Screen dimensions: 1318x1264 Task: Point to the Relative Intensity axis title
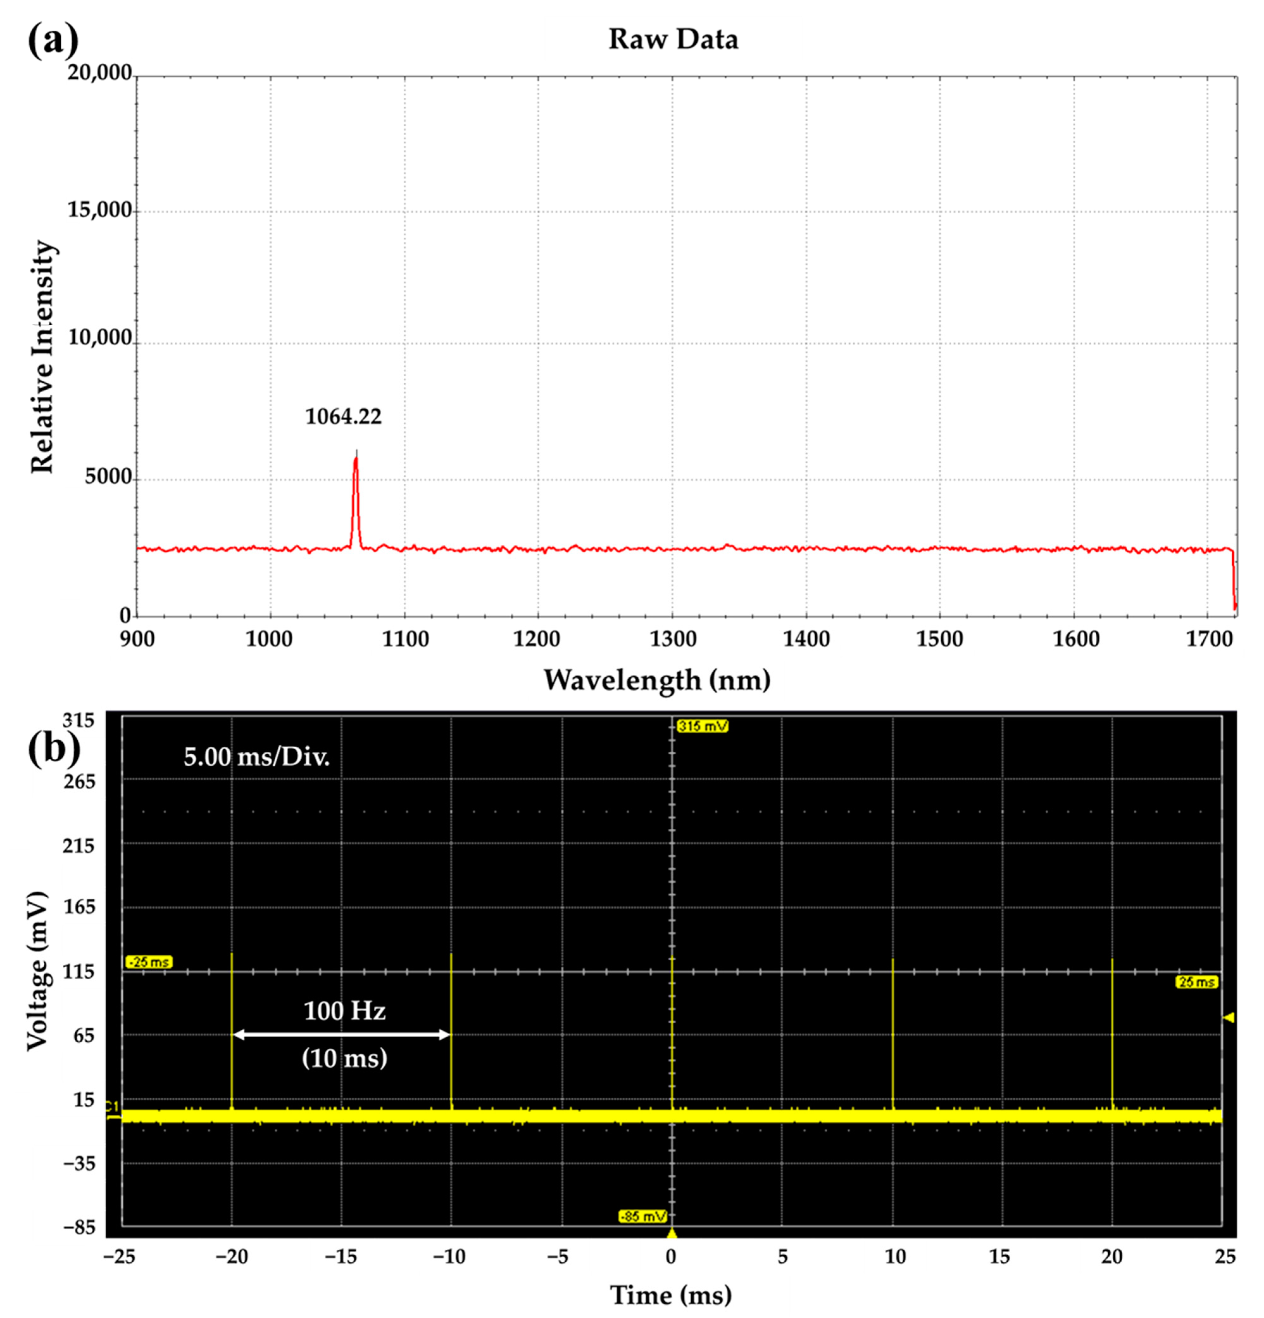pos(42,356)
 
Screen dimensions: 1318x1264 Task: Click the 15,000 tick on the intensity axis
pos(99,210)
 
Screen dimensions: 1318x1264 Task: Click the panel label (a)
pos(53,40)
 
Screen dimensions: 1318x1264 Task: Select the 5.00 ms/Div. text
pos(257,757)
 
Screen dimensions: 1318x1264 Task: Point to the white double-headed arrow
pos(342,1035)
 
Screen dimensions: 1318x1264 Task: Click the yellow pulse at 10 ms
pos(893,1036)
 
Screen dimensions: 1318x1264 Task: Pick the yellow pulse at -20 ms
pos(232,1029)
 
